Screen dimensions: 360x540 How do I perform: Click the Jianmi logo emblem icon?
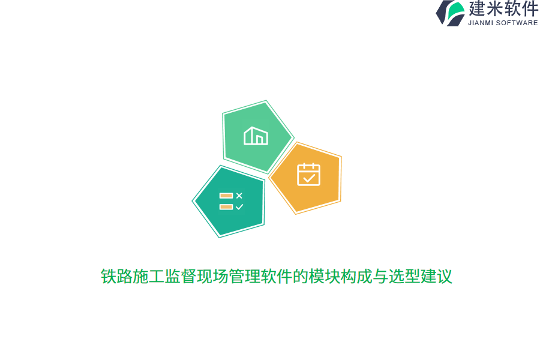[451, 13]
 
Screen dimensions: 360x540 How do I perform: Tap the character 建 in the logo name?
[478, 9]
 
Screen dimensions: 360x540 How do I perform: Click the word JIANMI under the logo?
[482, 23]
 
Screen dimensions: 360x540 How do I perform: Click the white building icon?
[256, 136]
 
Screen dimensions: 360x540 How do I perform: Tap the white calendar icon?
[308, 174]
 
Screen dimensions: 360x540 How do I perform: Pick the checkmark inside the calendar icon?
[309, 178]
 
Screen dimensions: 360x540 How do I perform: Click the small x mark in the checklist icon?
[239, 196]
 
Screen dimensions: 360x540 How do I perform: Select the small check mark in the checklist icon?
[239, 207]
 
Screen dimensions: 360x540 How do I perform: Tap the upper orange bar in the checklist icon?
[226, 196]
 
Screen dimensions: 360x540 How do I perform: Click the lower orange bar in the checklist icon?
[226, 207]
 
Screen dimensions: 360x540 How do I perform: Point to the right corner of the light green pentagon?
[292, 138]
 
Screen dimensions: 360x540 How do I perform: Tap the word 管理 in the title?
[244, 277]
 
